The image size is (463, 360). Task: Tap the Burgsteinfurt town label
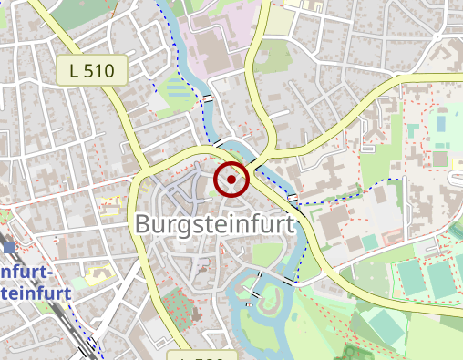216,224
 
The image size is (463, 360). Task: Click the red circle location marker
231,179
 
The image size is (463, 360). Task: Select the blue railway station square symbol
9,246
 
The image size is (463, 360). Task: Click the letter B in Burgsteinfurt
144,224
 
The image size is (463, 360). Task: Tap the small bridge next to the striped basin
209,96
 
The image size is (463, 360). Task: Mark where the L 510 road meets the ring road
143,170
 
